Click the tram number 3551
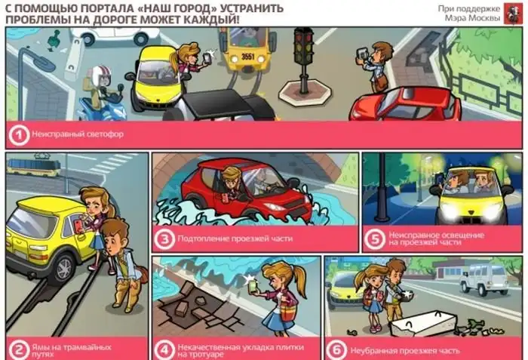pos(248,57)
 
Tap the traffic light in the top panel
pos(304,60)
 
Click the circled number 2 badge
pos(19,349)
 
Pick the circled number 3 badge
pos(164,239)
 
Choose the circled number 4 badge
pos(164,349)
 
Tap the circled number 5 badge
pos(374,239)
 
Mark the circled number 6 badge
pos(336,350)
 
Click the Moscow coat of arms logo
pos(513,14)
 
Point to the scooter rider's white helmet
pos(100,74)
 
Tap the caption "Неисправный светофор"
pos(78,134)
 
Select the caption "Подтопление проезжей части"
pos(235,238)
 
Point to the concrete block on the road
pos(423,324)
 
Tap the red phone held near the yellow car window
pos(78,226)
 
